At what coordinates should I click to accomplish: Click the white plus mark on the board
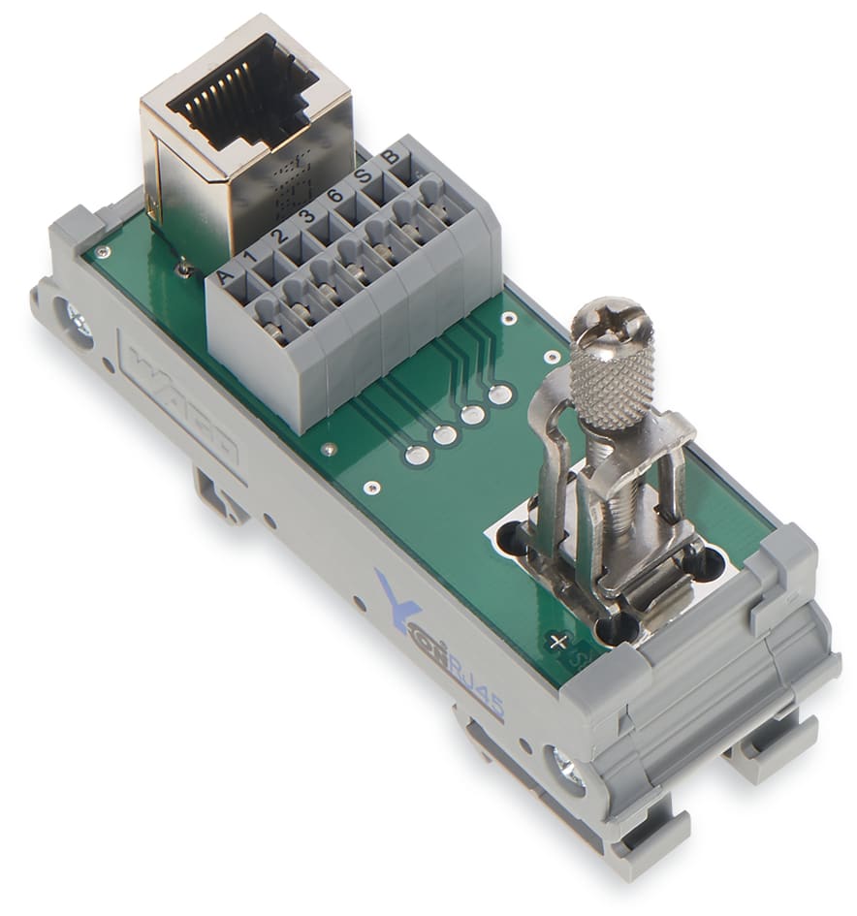(x=556, y=641)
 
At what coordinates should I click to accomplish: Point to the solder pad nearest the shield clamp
(x=500, y=395)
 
